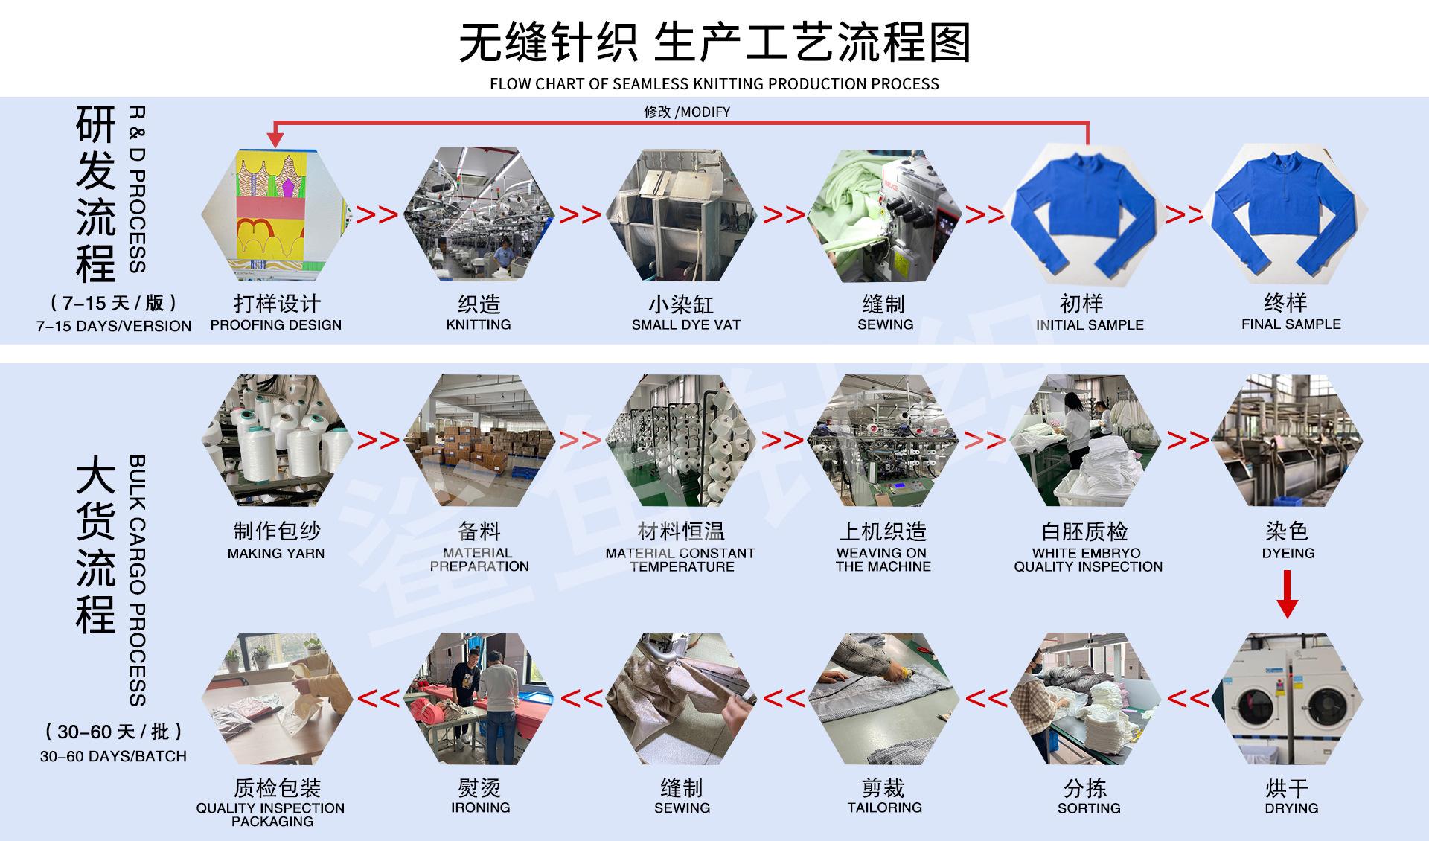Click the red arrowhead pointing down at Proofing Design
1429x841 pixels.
[x=275, y=138]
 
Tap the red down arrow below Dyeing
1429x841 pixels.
[x=1287, y=595]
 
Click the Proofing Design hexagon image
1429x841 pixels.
[x=275, y=214]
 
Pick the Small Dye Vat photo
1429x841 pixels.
[x=682, y=215]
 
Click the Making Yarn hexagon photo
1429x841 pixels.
[x=277, y=440]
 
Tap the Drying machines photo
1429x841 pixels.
[x=1288, y=699]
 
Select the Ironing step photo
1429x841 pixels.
[x=479, y=699]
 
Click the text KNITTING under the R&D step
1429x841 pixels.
[x=479, y=324]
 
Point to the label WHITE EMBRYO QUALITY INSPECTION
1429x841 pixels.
[x=1087, y=560]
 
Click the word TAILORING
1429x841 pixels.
[x=884, y=808]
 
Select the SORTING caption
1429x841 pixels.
[x=1088, y=808]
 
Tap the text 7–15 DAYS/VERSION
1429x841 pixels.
[x=114, y=326]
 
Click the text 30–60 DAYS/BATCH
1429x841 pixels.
[x=113, y=756]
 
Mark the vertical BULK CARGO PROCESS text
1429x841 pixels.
[x=138, y=581]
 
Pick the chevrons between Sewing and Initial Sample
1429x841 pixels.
[x=984, y=215]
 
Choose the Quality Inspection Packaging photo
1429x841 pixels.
[x=277, y=699]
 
